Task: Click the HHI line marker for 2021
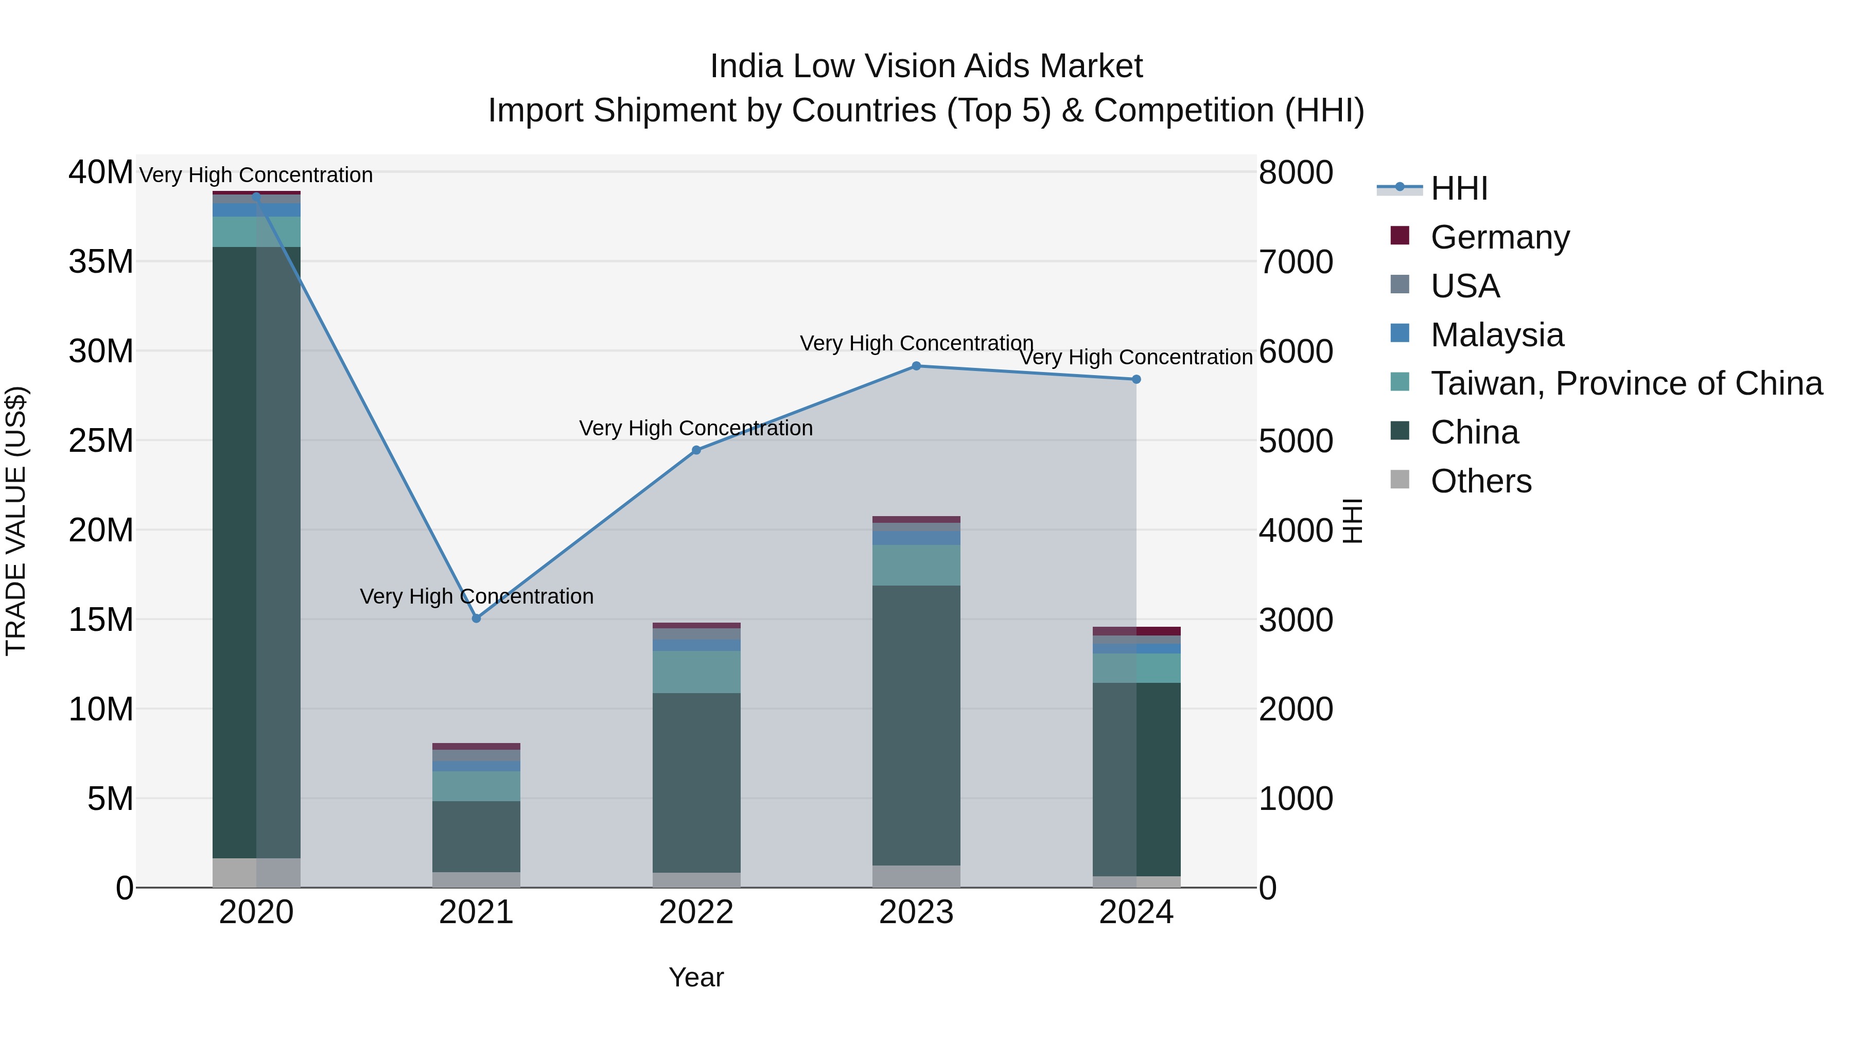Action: pyautogui.click(x=476, y=619)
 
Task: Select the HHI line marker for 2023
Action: pyautogui.click(x=916, y=366)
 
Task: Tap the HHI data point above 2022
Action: pyautogui.click(x=696, y=450)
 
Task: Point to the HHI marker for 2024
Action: pyautogui.click(x=1137, y=379)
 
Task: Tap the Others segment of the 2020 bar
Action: pyautogui.click(x=256, y=872)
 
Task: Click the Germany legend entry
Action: pyautogui.click(x=1500, y=237)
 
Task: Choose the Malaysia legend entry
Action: pyautogui.click(x=1497, y=335)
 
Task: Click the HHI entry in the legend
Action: pyautogui.click(x=1458, y=188)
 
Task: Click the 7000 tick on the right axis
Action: pyautogui.click(x=1296, y=262)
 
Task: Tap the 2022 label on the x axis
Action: pyautogui.click(x=696, y=912)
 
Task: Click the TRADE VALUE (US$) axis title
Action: pyautogui.click(x=16, y=521)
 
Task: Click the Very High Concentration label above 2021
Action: pyautogui.click(x=476, y=596)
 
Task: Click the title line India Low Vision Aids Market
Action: pyautogui.click(x=926, y=66)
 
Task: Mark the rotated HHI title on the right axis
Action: pyautogui.click(x=1352, y=521)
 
